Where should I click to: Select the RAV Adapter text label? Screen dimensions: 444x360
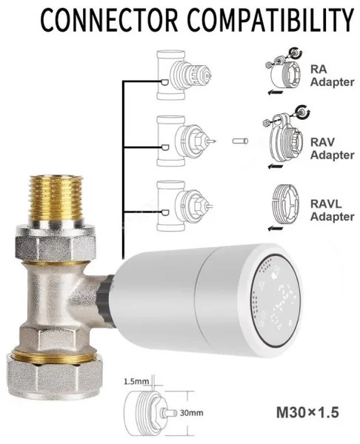click(x=332, y=149)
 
